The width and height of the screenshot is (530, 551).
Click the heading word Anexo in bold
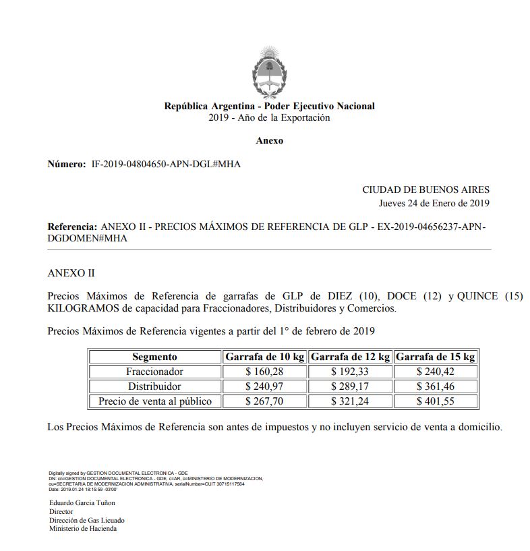pyautogui.click(x=270, y=141)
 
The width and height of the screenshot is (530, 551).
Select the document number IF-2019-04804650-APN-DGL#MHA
pyautogui.click(x=166, y=164)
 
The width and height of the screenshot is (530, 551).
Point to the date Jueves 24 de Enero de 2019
pyautogui.click(x=434, y=203)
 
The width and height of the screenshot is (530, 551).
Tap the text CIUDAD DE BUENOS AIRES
pyautogui.click(x=425, y=190)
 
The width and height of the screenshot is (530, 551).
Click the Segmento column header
pyautogui.click(x=154, y=357)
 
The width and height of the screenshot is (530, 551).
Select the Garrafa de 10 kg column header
pyautogui.click(x=265, y=357)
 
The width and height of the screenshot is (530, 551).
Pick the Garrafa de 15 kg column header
pyautogui.click(x=436, y=357)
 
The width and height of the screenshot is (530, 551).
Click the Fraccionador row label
pyautogui.click(x=154, y=372)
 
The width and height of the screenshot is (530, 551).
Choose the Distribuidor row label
pyautogui.click(x=154, y=386)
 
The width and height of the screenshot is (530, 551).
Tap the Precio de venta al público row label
pyautogui.click(x=154, y=401)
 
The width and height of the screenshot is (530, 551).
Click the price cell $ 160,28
pyautogui.click(x=265, y=372)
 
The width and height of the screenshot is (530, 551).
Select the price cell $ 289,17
pyautogui.click(x=350, y=386)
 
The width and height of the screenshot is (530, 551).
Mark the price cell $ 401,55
pyautogui.click(x=436, y=401)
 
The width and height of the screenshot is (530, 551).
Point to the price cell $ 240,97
pyautogui.click(x=265, y=386)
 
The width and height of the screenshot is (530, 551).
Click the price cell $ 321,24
pyautogui.click(x=350, y=401)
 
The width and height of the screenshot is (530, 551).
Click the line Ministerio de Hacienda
pyautogui.click(x=82, y=529)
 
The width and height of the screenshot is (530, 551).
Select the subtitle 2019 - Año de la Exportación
pyautogui.click(x=270, y=117)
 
